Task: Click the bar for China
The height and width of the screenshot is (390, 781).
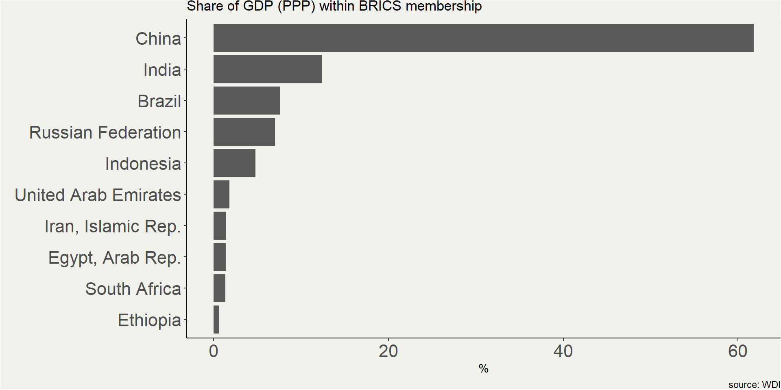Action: coord(483,38)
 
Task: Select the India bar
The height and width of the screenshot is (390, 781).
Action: coord(268,69)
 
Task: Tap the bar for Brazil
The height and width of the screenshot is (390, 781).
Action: coord(247,101)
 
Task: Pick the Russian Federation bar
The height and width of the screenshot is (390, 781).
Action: coord(244,132)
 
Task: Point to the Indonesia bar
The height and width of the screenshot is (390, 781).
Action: coord(234,163)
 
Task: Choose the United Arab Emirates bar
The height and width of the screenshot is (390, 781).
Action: coord(221,195)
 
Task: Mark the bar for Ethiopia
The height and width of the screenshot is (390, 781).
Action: coord(216,320)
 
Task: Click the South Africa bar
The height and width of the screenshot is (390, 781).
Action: coord(219,288)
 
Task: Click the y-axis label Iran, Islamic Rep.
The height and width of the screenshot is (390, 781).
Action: coord(112,226)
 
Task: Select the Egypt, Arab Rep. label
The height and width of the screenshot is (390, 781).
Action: coord(114,258)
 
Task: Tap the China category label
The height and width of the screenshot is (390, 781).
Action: coord(158,39)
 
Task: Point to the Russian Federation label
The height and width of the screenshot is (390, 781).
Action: coord(105,133)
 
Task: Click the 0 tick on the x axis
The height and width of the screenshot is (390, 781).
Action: coord(214,351)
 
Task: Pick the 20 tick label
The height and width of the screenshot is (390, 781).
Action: coord(388,351)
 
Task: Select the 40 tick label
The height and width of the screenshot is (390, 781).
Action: coord(563,351)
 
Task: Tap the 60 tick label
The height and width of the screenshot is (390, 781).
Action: coord(738,351)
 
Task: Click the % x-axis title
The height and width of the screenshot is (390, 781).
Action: coord(483,369)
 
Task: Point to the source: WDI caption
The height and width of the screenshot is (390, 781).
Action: coord(754,384)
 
